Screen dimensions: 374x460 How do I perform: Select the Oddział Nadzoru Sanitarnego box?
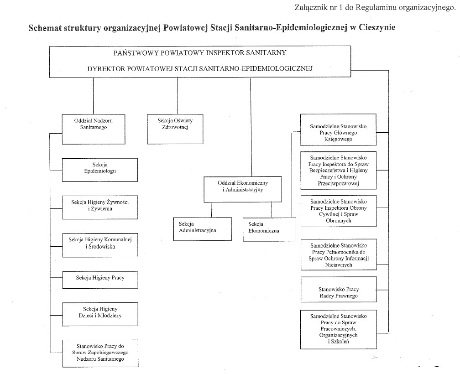tap(94, 124)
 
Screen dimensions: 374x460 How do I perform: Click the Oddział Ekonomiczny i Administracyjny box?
tap(242, 186)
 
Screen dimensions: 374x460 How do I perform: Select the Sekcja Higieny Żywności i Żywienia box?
tap(100, 205)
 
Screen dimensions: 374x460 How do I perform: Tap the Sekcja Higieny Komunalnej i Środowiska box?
tap(100, 243)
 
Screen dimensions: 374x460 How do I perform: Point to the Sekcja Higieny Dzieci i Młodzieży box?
tap(100, 312)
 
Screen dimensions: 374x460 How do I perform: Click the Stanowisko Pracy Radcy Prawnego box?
tap(338, 292)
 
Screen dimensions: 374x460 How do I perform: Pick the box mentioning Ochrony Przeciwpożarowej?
tap(338, 170)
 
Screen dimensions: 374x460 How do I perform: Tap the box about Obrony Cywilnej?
tap(338, 211)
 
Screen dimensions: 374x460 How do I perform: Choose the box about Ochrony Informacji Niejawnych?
tap(338, 255)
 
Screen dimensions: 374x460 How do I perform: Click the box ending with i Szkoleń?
tap(338, 328)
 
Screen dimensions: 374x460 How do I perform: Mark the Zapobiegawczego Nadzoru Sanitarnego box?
tap(100, 353)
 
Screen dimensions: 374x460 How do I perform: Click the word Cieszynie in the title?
tap(374, 27)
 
